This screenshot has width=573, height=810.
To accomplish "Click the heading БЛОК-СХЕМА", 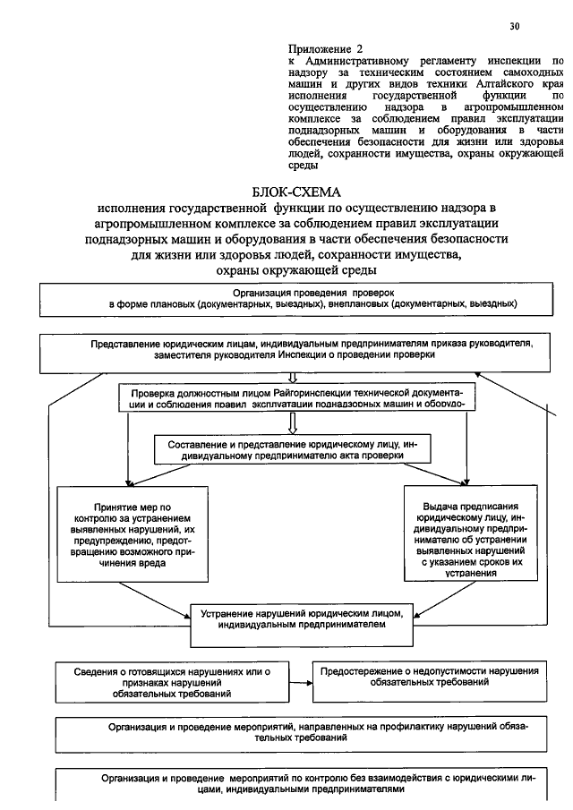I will click(298, 192).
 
